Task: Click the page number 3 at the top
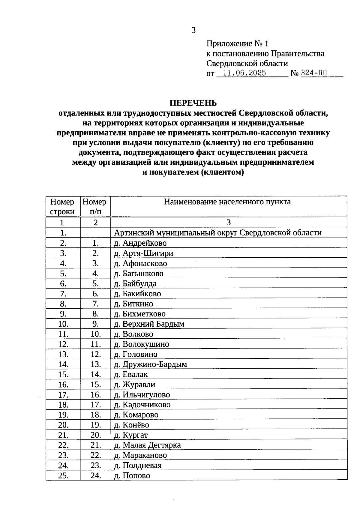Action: [193, 30]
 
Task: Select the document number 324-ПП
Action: [314, 73]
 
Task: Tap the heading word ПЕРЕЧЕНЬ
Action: [193, 103]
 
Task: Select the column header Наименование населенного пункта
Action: [227, 202]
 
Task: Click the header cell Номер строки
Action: [62, 206]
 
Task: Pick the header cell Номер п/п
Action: [95, 206]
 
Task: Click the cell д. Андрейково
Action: [140, 243]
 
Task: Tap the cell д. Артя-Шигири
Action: [143, 253]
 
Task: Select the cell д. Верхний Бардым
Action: [149, 324]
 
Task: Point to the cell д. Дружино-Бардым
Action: [150, 364]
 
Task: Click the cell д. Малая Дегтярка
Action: [147, 445]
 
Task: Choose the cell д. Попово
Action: [132, 476]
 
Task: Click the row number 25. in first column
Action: [63, 476]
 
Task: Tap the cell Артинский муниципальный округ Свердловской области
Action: [218, 233]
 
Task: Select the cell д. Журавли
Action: [135, 385]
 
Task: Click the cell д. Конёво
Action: [131, 425]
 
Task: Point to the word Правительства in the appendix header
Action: [298, 54]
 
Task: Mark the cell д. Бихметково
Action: [140, 314]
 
